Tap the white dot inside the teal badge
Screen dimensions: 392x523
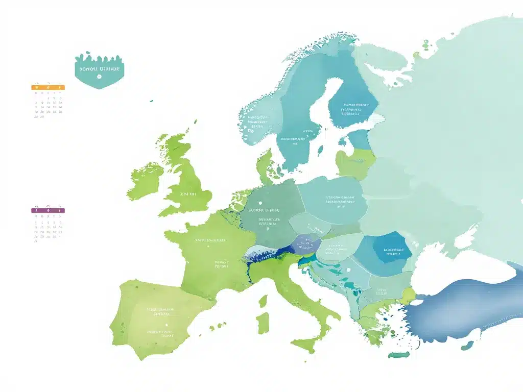pos(99,77)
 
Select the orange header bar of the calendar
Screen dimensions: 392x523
pos(48,87)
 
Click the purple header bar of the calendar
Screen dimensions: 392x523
pos(48,210)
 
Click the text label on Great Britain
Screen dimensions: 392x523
pos(188,194)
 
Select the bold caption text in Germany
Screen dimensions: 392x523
pos(264,210)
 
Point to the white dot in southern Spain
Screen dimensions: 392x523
pos(167,325)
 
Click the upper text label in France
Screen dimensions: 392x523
pos(210,239)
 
